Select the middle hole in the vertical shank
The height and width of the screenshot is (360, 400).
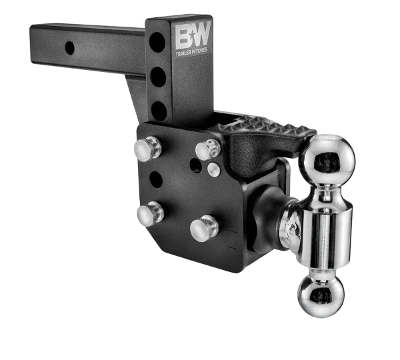(158, 77)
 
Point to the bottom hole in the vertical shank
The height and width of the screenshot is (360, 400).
(158, 109)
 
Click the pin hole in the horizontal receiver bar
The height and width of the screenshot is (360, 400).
(69, 47)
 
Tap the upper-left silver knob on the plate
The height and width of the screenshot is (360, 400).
(148, 148)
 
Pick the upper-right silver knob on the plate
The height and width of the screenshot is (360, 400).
(207, 149)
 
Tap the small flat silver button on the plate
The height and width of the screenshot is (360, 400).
(213, 169)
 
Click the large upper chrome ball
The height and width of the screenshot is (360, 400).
(327, 159)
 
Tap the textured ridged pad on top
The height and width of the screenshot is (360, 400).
(267, 125)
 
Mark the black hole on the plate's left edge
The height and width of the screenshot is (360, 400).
(156, 179)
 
